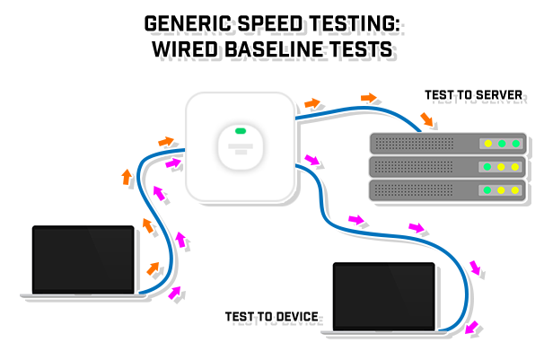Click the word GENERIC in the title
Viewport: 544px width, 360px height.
(x=189, y=21)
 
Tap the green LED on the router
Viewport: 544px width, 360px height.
(x=241, y=132)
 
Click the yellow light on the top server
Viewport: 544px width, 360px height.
(x=488, y=144)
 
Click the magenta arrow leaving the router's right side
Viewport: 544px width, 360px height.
(x=313, y=160)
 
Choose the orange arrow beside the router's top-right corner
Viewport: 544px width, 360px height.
(x=311, y=104)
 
